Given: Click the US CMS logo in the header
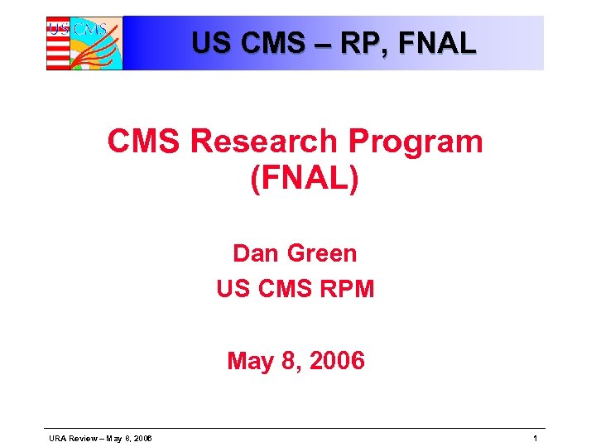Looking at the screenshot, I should point(84,43).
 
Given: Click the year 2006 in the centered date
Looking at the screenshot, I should point(336,361).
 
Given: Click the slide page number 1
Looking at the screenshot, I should point(536,438).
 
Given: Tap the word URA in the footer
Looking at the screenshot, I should point(57,438).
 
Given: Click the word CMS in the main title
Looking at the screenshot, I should point(144,142).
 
